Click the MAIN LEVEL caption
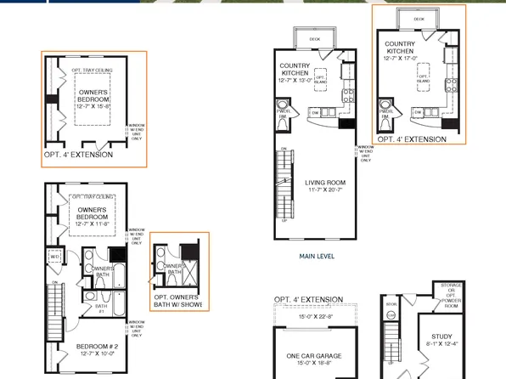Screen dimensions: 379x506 pyautogui.click(x=318, y=254)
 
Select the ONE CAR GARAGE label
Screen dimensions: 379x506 pyautogui.click(x=307, y=358)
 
